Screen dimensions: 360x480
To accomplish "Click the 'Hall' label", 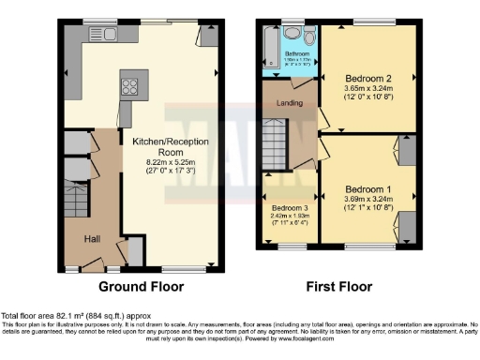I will point(94,238).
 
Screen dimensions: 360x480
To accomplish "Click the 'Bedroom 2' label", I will point(367,80).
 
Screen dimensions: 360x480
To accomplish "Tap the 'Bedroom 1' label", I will point(367,187).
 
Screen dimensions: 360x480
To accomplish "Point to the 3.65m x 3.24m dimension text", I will point(367,91).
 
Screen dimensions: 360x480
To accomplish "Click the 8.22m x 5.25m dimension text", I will point(170,163).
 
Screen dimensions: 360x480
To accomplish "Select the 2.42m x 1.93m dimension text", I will point(290,217).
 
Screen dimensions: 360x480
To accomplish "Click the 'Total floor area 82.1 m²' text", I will point(75,316).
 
